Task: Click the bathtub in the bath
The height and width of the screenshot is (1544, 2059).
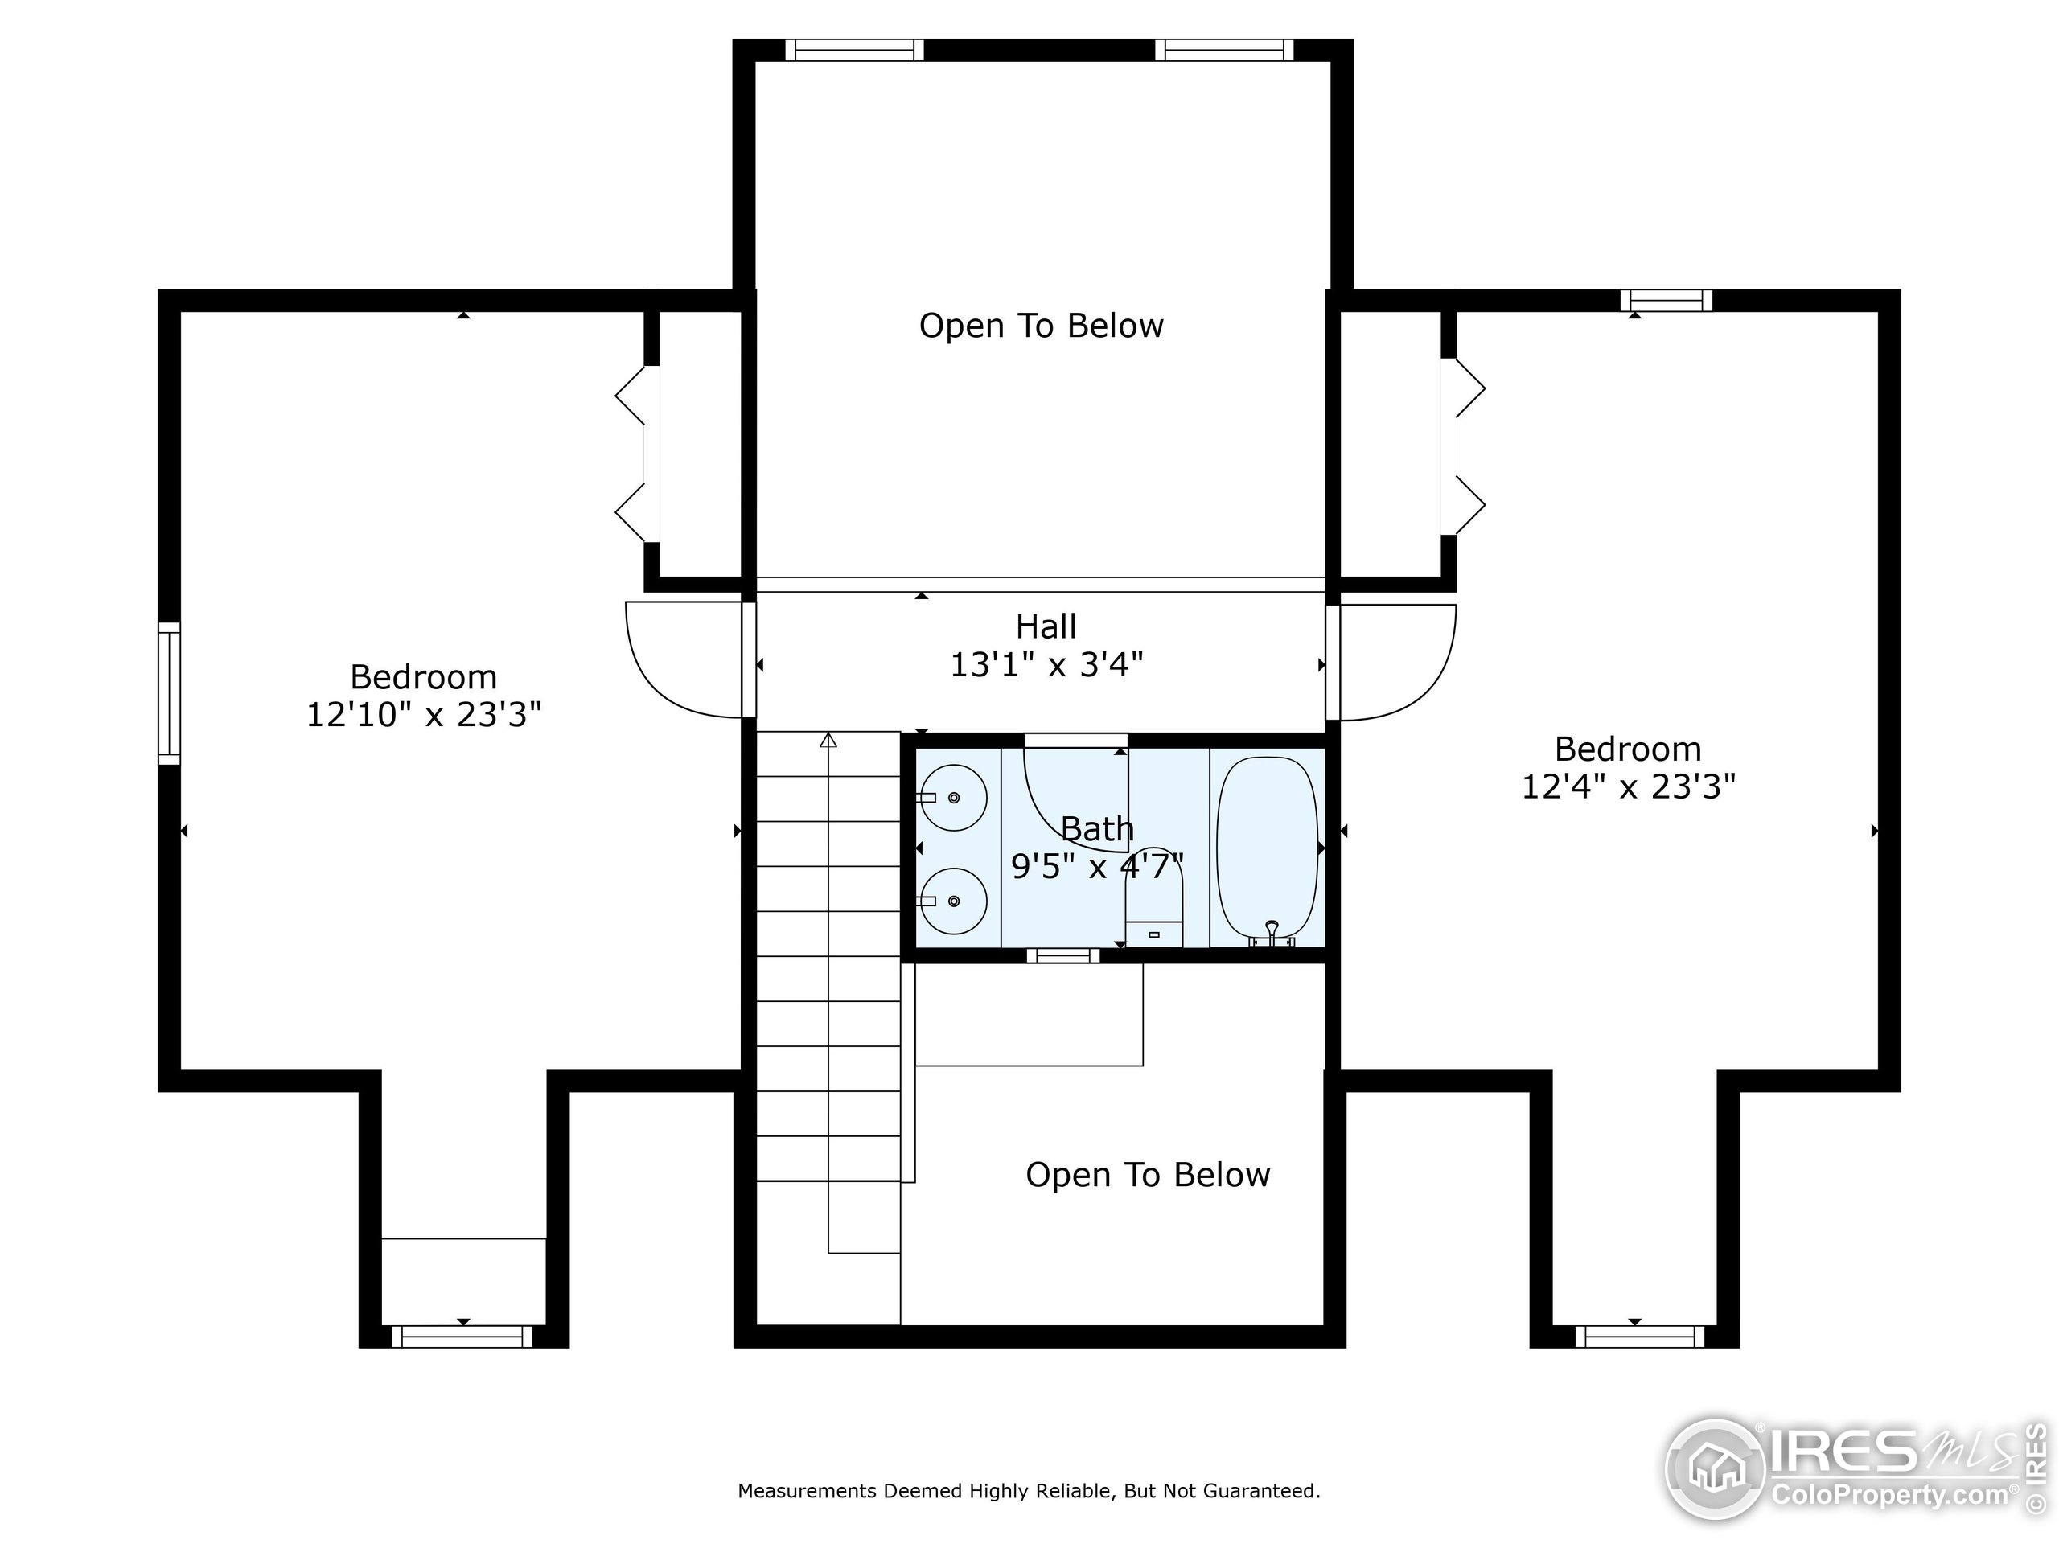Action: coord(1267,848)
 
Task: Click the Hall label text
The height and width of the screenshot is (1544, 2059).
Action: coord(1046,626)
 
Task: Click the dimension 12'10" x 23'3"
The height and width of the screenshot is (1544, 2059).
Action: coord(424,715)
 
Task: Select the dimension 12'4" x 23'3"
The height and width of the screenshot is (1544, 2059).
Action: coord(1628,786)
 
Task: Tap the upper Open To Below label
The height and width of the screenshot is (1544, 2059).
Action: coord(1041,326)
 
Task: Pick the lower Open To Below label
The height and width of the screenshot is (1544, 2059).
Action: coord(1147,1175)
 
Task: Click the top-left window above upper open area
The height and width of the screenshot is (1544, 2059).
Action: coord(853,50)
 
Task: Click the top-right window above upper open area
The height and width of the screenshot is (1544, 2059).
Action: coord(1224,50)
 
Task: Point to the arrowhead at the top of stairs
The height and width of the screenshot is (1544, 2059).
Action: coord(828,740)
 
